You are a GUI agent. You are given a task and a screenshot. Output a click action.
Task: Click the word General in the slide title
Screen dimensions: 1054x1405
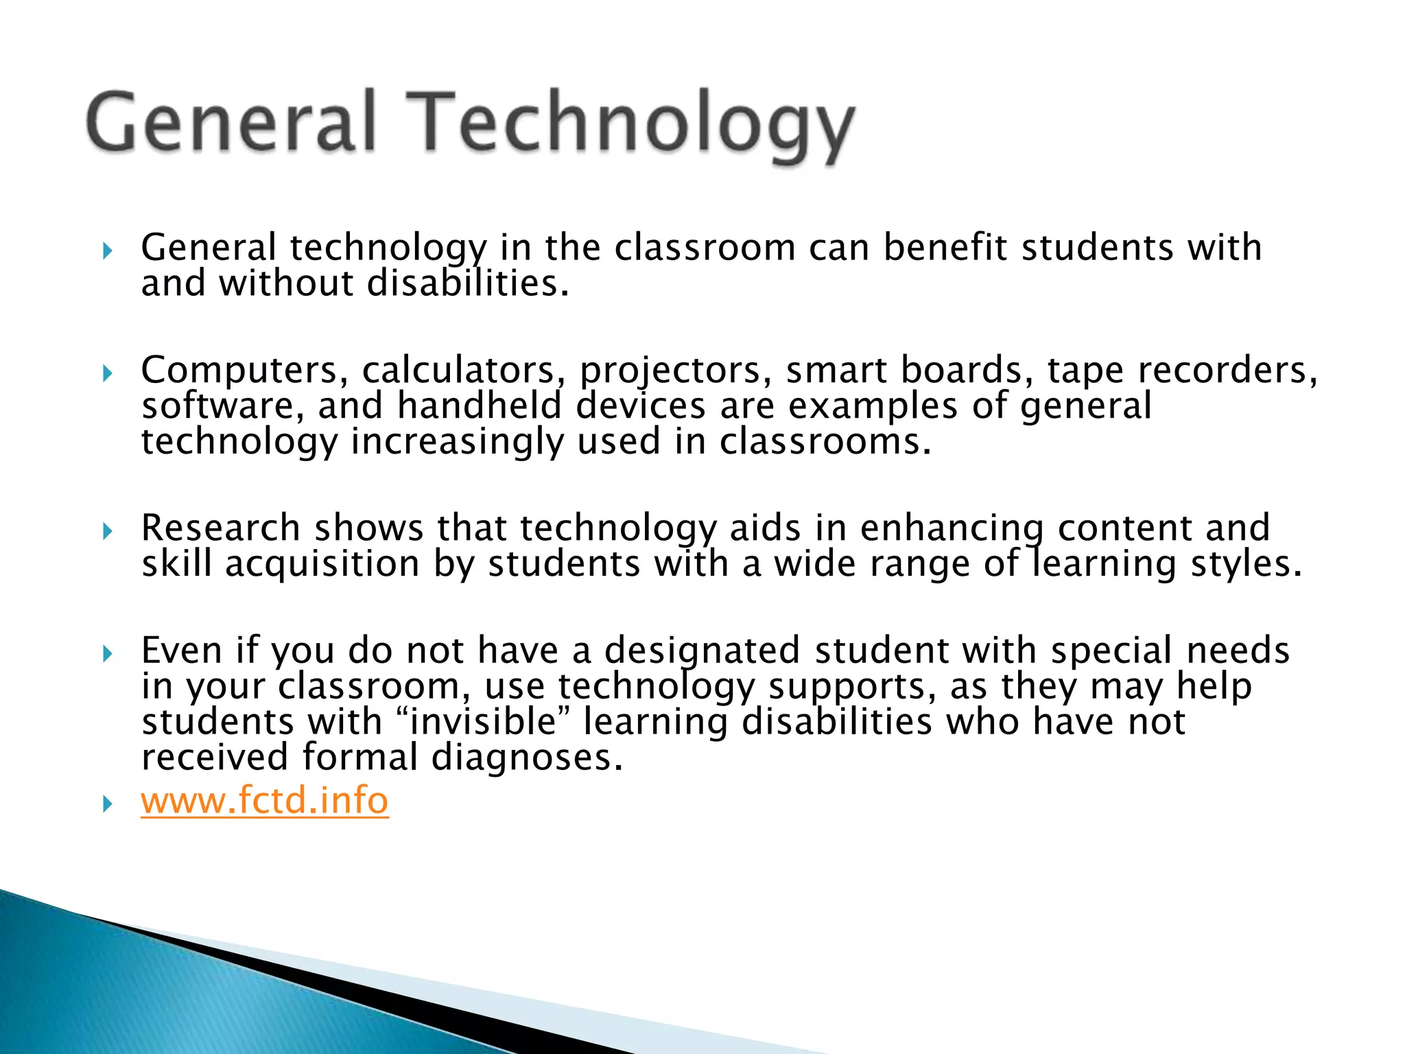232,122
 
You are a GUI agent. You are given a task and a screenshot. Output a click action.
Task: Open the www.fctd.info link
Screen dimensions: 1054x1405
264,801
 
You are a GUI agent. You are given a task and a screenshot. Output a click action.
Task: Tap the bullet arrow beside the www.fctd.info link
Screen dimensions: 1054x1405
107,804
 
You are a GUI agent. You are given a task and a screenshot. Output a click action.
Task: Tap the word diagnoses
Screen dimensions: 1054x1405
527,758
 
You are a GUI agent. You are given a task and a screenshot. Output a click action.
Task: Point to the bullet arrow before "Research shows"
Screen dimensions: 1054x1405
107,531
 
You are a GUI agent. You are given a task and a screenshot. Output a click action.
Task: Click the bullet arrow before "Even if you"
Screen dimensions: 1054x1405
107,653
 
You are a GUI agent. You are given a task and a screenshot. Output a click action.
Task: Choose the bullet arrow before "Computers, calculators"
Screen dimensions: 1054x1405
107,374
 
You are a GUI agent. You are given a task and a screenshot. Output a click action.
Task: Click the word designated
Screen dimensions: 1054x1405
702,651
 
